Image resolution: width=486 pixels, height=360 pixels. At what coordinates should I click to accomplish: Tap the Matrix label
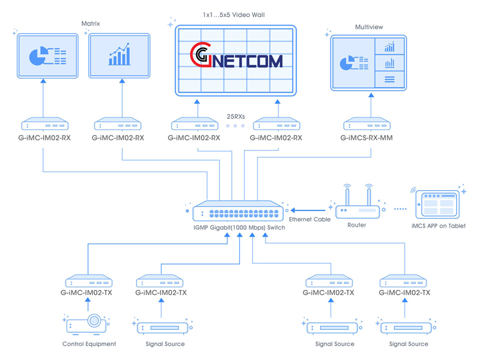[91, 24]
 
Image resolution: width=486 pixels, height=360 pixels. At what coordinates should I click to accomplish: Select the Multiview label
[369, 27]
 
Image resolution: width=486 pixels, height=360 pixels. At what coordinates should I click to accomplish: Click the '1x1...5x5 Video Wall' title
[233, 14]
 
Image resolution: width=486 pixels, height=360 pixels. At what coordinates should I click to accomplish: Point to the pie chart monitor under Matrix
[47, 57]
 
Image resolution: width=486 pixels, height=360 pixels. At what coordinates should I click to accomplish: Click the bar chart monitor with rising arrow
[119, 56]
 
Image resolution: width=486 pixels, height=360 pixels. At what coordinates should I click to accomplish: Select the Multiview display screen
[368, 63]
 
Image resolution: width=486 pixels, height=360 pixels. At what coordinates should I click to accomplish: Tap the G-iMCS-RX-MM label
[366, 138]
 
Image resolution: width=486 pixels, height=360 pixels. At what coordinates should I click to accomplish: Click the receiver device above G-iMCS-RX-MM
[367, 124]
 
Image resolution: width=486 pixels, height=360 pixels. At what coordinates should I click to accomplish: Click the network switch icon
[237, 210]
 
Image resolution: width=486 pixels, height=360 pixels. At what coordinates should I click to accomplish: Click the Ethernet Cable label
[310, 220]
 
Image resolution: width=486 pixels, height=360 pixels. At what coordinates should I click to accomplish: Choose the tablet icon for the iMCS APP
[439, 202]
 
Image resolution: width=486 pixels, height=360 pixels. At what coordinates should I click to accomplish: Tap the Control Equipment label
[89, 344]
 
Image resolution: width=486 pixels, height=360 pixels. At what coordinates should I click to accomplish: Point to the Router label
[357, 226]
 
